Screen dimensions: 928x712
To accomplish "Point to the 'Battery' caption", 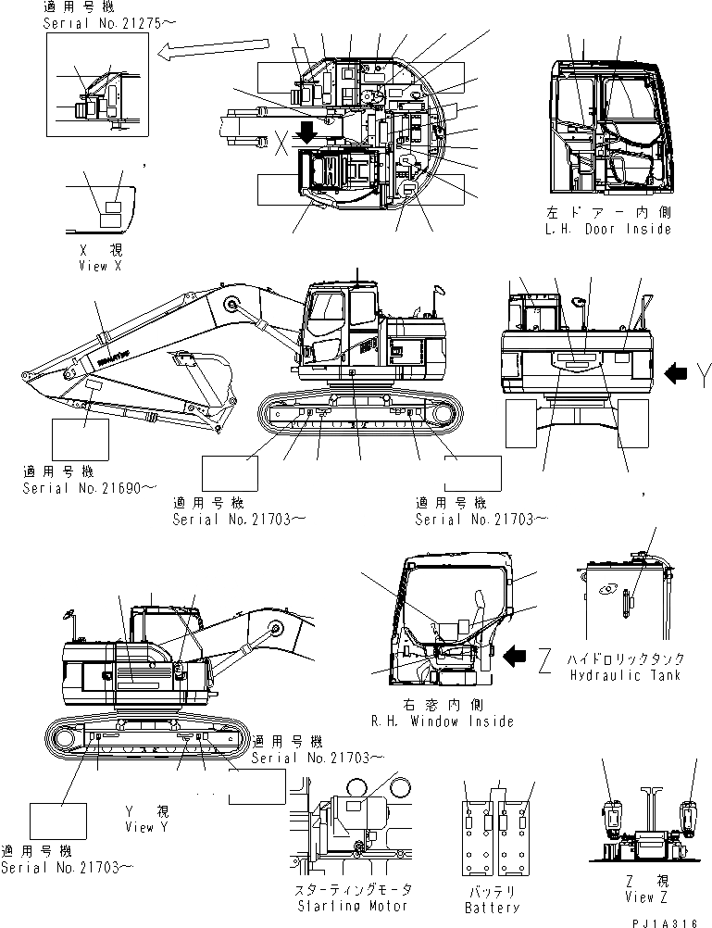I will point(492,907).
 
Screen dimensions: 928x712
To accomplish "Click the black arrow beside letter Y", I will point(677,373).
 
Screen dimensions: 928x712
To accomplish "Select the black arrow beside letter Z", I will point(516,657).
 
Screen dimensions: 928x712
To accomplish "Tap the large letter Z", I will point(546,658).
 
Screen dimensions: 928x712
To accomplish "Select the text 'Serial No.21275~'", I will point(96,22).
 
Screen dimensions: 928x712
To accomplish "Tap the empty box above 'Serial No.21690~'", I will point(80,440).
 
